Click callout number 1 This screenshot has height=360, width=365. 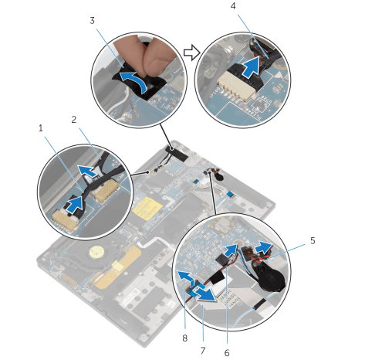[41, 128]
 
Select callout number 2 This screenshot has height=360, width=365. [74, 120]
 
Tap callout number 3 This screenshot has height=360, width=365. [92, 21]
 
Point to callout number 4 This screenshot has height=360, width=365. [233, 6]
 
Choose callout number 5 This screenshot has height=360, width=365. [313, 241]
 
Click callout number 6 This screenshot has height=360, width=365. [227, 352]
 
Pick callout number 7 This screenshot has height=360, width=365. [203, 351]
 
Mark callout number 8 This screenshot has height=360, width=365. [185, 338]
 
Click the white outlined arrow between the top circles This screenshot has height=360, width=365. [192, 53]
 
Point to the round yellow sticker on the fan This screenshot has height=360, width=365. [95, 252]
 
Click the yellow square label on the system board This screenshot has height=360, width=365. [147, 208]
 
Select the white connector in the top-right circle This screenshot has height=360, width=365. [237, 87]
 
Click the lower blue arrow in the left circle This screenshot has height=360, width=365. [75, 205]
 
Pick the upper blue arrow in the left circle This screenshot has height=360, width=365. [89, 172]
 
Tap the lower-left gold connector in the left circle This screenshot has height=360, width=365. [65, 219]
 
